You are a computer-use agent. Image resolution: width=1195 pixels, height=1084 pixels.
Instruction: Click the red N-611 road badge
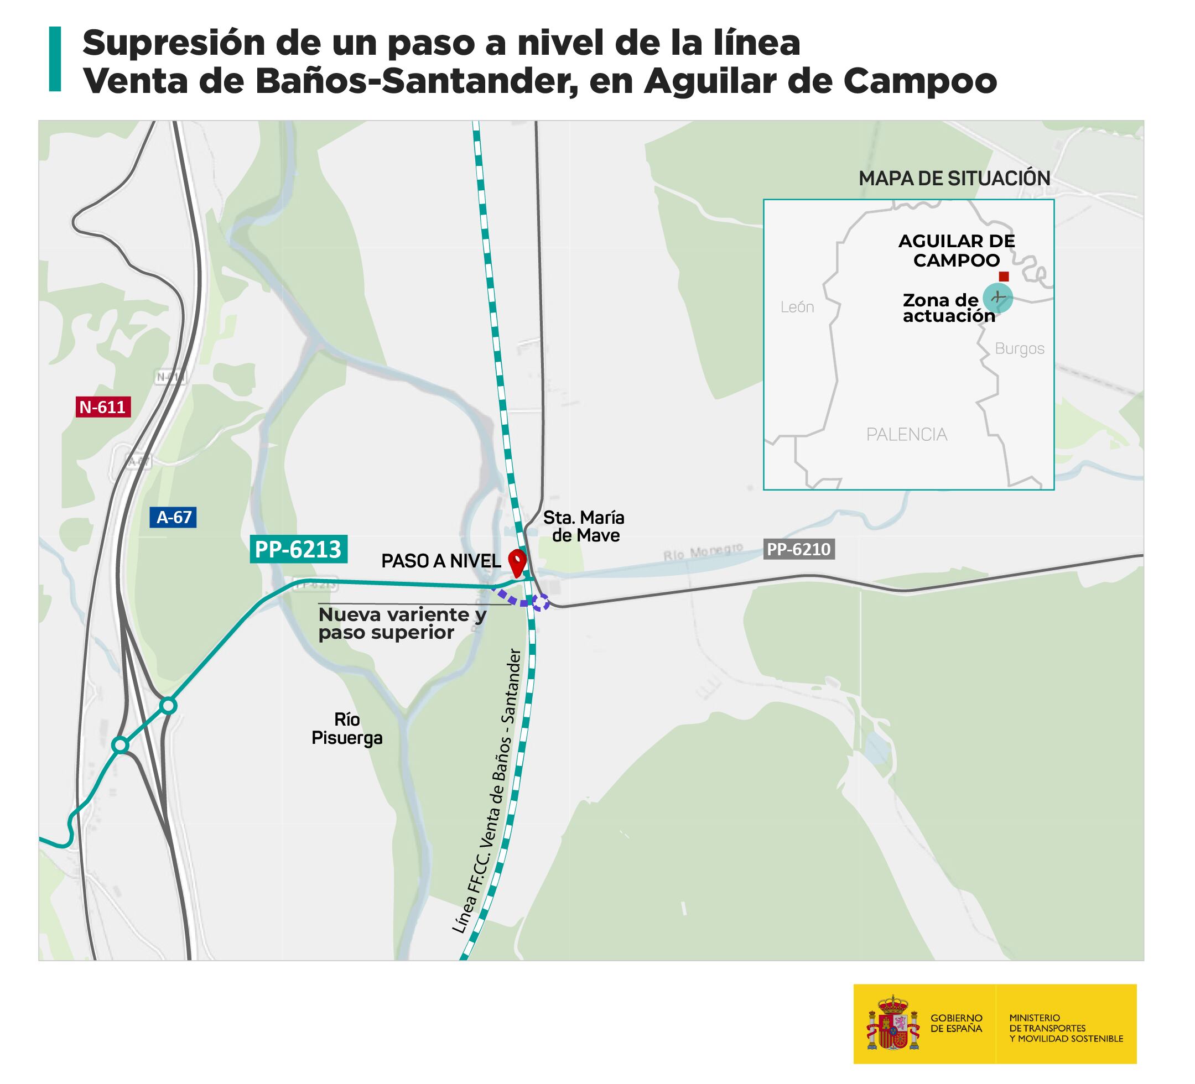(x=103, y=407)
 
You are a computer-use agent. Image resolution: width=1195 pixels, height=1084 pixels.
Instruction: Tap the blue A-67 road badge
(x=173, y=518)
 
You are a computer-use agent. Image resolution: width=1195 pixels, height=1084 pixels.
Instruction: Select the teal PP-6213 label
(x=298, y=549)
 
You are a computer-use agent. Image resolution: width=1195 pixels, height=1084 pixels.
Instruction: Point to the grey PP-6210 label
(x=798, y=549)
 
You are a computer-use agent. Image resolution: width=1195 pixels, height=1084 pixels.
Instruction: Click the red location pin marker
(x=518, y=562)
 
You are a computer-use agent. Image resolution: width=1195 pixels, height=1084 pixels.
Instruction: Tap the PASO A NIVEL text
(x=441, y=561)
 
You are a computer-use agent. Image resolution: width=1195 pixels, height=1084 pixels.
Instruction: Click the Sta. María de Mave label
(x=584, y=527)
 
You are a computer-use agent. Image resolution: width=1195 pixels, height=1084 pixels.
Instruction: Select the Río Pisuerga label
(x=347, y=728)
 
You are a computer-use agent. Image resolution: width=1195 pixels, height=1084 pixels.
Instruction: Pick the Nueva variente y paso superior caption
(x=402, y=623)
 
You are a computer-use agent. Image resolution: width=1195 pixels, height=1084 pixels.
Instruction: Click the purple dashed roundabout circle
(x=541, y=602)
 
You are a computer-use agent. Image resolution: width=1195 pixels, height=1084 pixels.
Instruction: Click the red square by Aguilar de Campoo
(x=1004, y=277)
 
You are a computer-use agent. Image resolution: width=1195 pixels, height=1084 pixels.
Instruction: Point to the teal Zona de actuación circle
(x=998, y=298)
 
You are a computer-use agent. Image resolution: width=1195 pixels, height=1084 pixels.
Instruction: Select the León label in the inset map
(x=797, y=307)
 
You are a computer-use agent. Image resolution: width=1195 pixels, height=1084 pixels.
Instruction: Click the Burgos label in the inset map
(x=1020, y=348)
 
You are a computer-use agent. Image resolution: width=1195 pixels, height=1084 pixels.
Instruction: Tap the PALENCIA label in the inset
(x=906, y=435)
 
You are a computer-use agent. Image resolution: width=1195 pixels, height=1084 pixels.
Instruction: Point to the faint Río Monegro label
(x=703, y=553)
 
